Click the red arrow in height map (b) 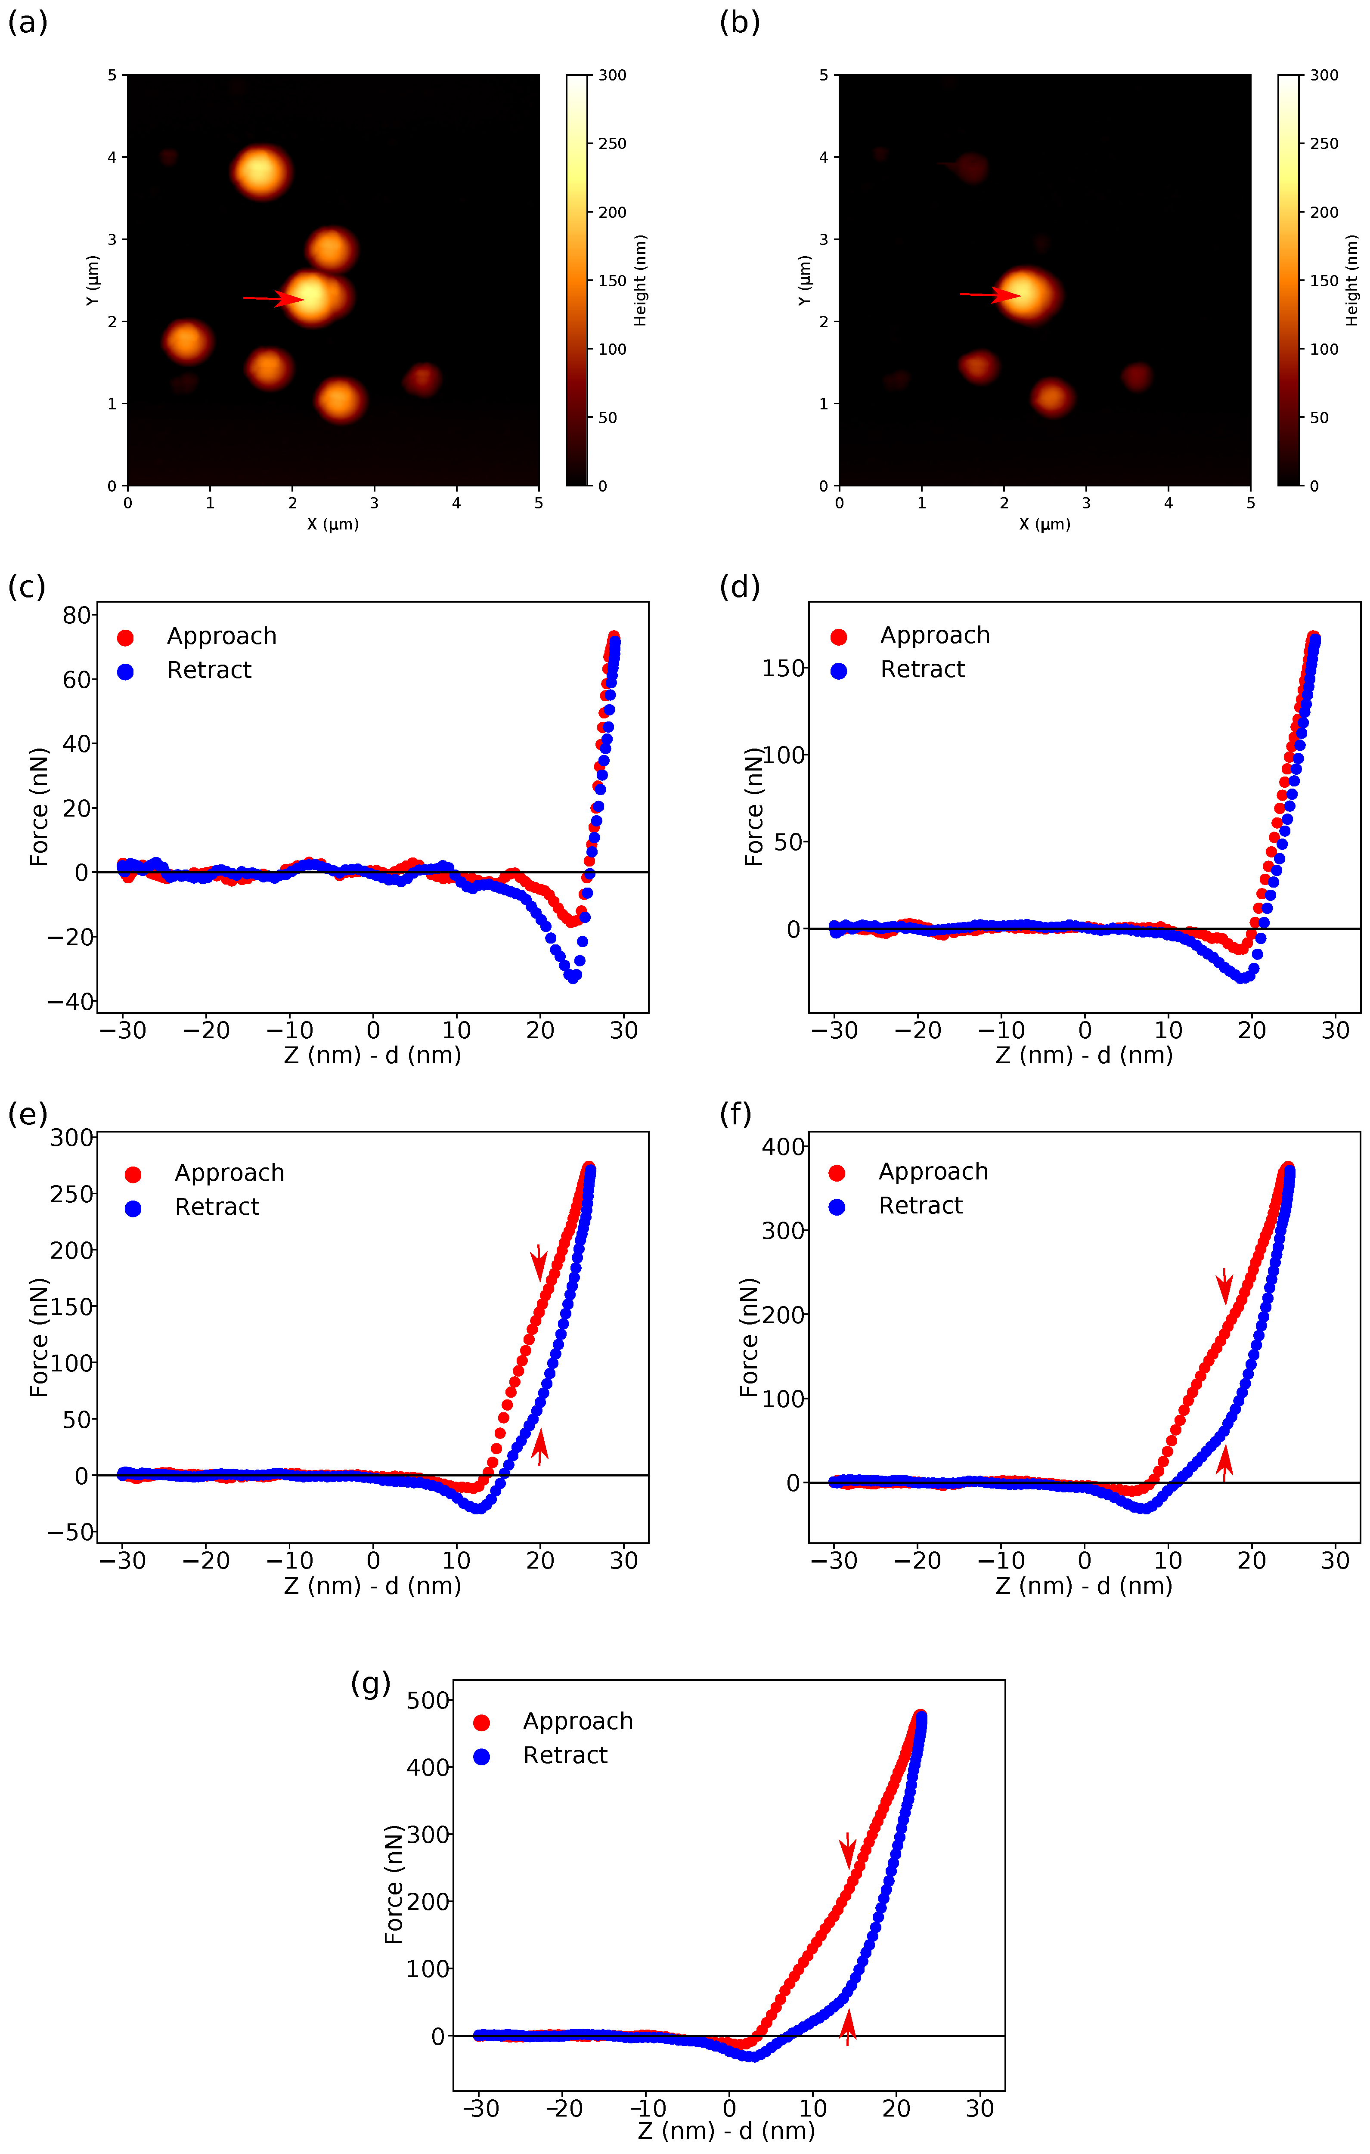pyautogui.click(x=991, y=294)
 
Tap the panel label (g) pyautogui.click(x=370, y=1684)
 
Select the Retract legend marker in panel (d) pyautogui.click(x=838, y=671)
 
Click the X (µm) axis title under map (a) pyautogui.click(x=333, y=524)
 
